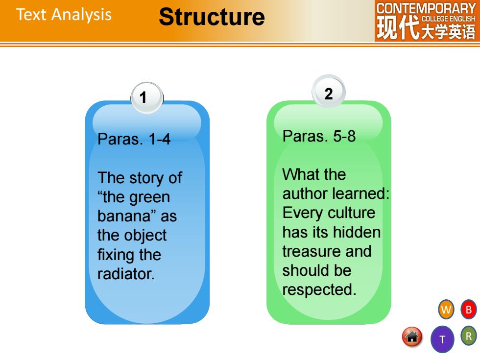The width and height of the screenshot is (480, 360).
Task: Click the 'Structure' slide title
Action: [212, 17]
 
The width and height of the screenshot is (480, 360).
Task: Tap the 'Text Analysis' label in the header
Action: [64, 15]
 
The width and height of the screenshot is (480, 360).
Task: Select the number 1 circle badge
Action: [147, 97]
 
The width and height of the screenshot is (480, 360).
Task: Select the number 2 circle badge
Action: [329, 92]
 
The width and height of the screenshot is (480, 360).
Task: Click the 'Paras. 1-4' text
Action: [134, 139]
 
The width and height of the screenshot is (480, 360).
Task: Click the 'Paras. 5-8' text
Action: [319, 136]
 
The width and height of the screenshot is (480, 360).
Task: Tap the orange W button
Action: [446, 310]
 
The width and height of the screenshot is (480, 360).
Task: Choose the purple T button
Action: [442, 339]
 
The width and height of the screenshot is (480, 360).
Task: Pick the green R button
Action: [468, 336]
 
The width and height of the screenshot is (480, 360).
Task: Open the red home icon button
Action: [412, 337]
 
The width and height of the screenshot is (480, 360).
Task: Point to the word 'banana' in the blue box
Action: [124, 216]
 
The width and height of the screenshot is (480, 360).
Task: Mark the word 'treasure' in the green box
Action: [312, 251]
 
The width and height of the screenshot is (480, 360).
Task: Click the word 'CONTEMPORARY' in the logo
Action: [426, 8]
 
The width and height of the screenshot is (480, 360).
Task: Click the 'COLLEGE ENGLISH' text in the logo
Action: [449, 19]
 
